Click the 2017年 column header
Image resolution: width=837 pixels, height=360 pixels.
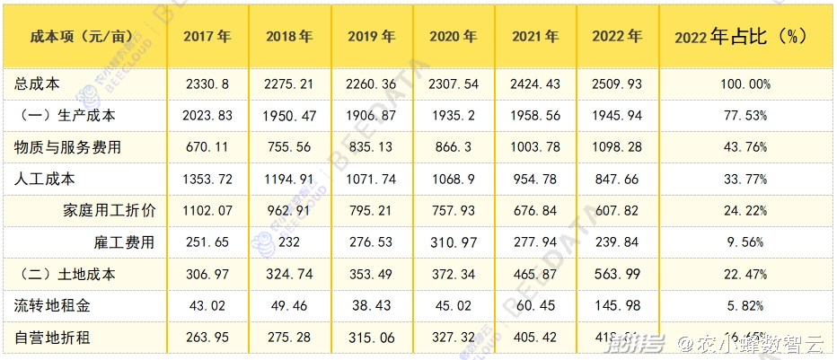[207, 37]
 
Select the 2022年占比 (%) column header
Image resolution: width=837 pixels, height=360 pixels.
[741, 37]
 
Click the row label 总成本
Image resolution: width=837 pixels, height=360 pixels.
[38, 83]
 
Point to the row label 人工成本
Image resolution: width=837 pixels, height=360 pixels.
[44, 179]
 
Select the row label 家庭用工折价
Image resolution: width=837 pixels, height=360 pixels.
[110, 210]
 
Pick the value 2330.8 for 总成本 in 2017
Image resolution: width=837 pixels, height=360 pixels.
[207, 83]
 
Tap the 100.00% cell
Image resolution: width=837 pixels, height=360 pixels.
[741, 83]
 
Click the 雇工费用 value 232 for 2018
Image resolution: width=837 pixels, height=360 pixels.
[289, 242]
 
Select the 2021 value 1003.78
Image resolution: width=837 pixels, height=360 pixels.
[535, 147]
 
